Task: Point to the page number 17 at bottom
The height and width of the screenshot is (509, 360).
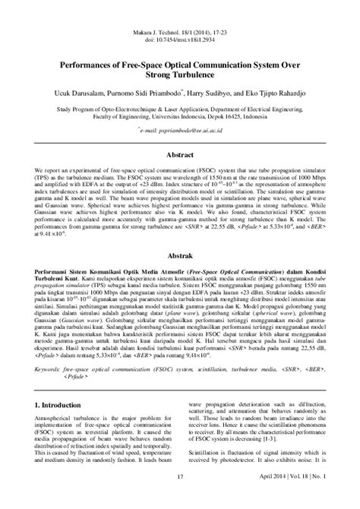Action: [x=180, y=498]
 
